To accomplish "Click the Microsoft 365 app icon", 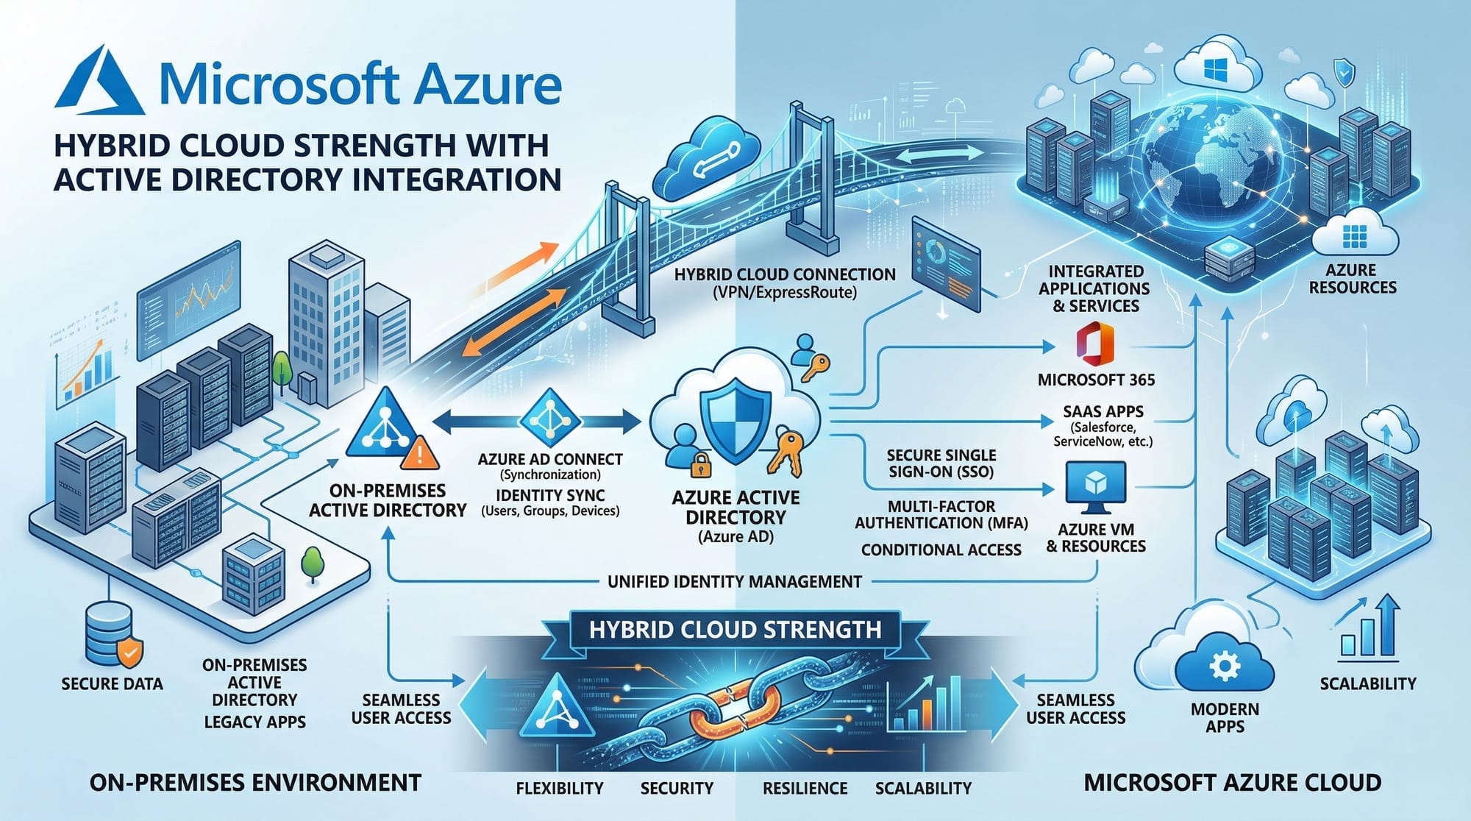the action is [x=1095, y=344].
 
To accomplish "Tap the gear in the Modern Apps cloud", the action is [x=1224, y=667].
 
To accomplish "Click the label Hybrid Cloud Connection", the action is [x=785, y=275].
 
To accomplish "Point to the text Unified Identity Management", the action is [x=734, y=582].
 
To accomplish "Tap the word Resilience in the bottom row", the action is [x=805, y=789].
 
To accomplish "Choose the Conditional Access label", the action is [x=941, y=550].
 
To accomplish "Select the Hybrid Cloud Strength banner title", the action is [x=735, y=630].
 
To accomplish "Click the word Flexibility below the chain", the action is [x=559, y=789].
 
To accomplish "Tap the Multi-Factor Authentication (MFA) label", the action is [x=941, y=515].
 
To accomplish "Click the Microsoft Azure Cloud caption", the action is [x=1232, y=782].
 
